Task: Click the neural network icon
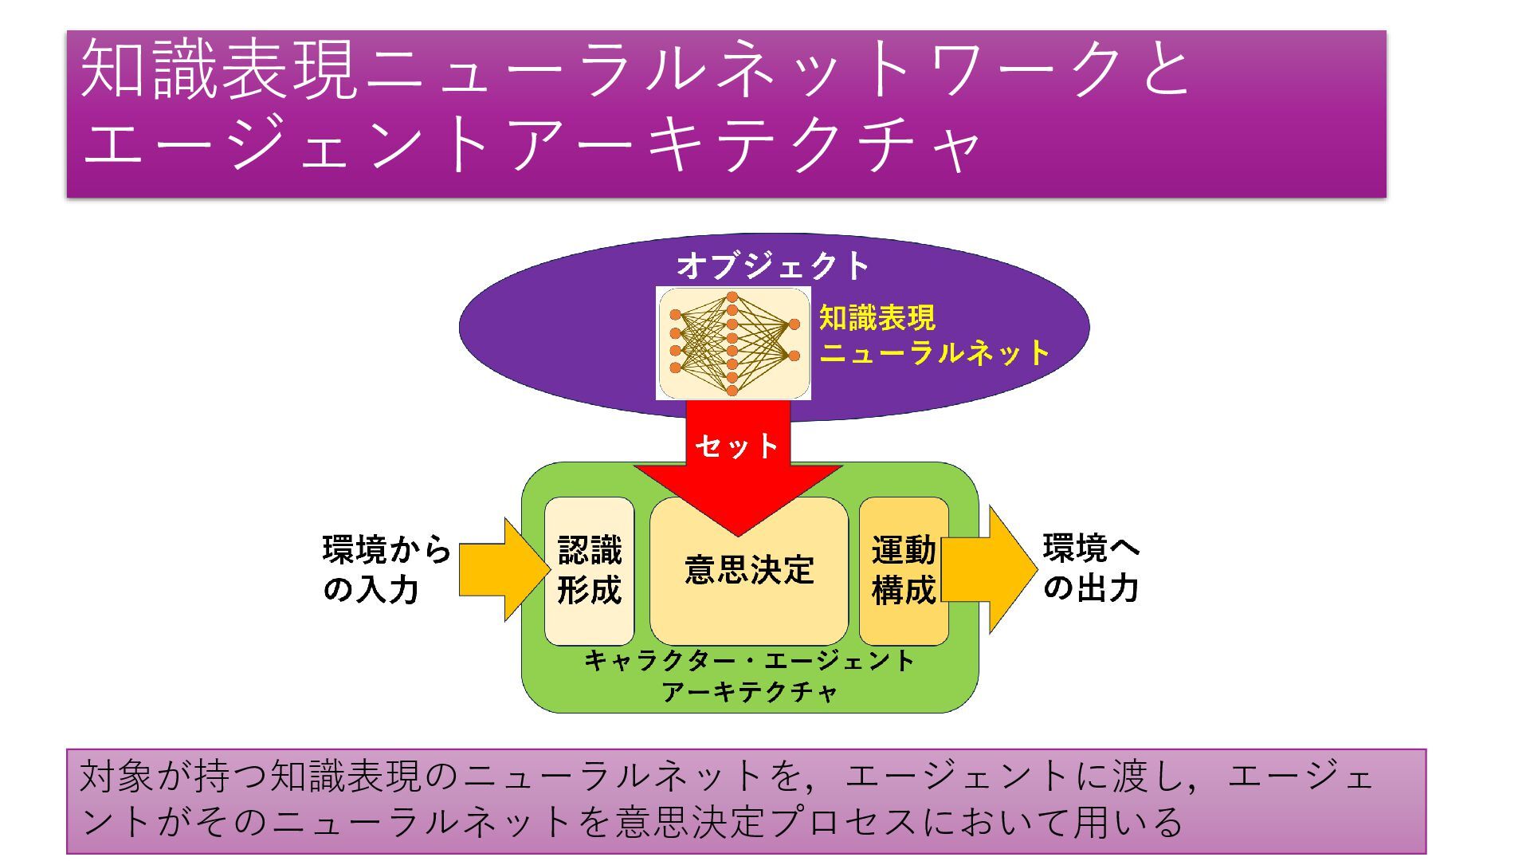coord(733,344)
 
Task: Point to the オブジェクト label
coord(773,266)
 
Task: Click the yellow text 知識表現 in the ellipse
coord(877,318)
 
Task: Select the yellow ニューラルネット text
coord(935,352)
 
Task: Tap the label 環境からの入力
coord(386,569)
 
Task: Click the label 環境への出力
coord(1092,568)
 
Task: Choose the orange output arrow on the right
coord(996,569)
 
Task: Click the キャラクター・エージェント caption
coord(749,661)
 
